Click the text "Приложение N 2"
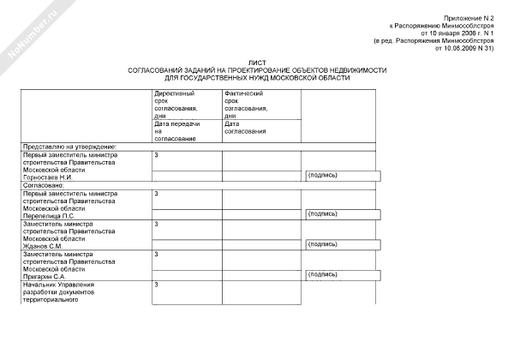469,18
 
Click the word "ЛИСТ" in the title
258,63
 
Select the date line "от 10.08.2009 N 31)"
465,49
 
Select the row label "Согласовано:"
44,184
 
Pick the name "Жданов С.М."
43,246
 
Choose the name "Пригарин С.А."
45,277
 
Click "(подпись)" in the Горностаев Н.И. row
322,175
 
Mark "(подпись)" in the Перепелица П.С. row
322,213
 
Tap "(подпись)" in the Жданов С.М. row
322,244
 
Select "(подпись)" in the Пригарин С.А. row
322,274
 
